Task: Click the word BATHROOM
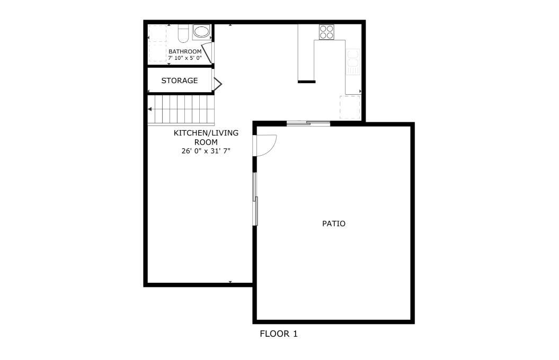coord(185,52)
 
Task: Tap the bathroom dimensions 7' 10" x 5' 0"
coord(185,58)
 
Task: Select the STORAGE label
coord(179,80)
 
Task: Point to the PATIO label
coord(334,223)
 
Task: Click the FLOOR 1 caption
coord(278,334)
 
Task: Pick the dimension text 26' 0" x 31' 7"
coord(206,151)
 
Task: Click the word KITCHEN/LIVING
coord(206,133)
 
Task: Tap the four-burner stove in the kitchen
coord(326,32)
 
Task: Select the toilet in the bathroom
coord(183,33)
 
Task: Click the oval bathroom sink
coord(202,32)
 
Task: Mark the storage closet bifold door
coord(217,84)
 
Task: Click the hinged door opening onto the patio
coord(264,145)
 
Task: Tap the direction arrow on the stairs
coord(150,109)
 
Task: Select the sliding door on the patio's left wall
coord(255,199)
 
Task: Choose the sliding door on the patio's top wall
coord(308,123)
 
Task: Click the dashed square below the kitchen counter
coord(350,107)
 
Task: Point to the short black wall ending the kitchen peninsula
coord(307,82)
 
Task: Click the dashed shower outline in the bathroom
coord(157,44)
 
